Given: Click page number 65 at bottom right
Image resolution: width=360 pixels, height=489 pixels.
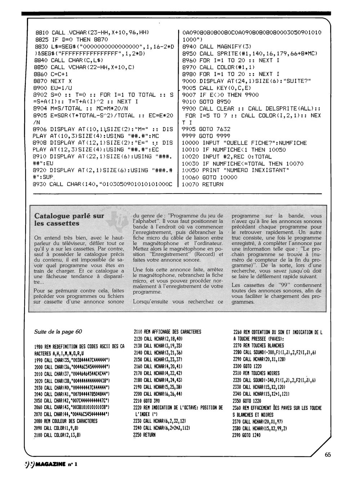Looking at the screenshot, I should [x=327, y=454].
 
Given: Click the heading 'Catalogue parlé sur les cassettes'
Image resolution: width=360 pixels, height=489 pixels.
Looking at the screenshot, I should [x=69, y=219].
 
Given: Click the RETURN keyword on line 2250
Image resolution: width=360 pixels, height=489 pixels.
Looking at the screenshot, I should [x=149, y=435].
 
